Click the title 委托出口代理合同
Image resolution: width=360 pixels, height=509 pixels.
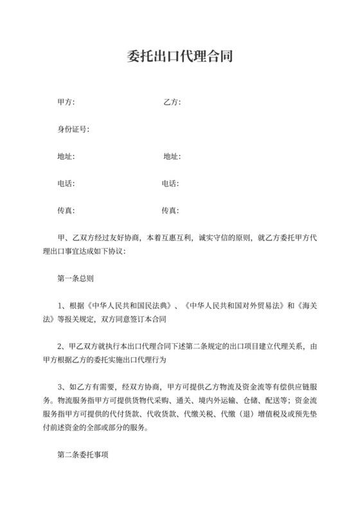pyautogui.click(x=179, y=57)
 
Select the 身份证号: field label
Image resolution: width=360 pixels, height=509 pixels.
pyautogui.click(x=73, y=129)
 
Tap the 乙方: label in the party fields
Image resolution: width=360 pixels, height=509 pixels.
pyautogui.click(x=172, y=102)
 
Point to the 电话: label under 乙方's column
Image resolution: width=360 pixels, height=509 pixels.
pyautogui.click(x=170, y=183)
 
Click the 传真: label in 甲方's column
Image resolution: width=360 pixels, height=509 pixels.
pyautogui.click(x=66, y=211)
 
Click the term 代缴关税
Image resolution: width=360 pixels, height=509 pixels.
pyautogui.click(x=196, y=415)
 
